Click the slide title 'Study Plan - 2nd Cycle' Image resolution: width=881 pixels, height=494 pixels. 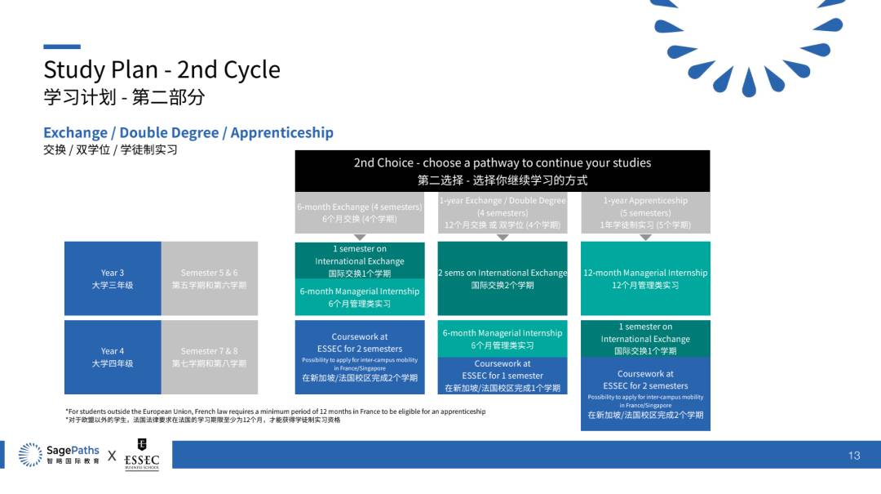(162, 69)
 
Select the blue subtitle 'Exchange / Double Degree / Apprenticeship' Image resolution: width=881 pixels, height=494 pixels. (188, 132)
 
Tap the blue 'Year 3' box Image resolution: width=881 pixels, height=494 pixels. (113, 278)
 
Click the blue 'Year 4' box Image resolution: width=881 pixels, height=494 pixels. (113, 357)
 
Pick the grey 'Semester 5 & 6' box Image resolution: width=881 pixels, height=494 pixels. (209, 278)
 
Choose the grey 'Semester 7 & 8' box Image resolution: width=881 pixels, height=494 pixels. (209, 357)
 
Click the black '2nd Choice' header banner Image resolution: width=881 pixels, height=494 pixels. (502, 171)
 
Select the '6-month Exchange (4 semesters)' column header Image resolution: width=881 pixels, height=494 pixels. (360, 212)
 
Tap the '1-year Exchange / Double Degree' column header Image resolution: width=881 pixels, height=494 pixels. (502, 212)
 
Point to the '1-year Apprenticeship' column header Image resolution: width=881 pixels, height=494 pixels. (645, 212)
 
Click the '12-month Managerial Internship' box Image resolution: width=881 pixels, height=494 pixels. (645, 278)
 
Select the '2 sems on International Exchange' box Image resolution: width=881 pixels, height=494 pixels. (502, 278)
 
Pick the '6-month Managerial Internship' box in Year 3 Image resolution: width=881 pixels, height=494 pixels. (360, 297)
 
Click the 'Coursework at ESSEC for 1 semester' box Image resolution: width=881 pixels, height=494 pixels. (502, 376)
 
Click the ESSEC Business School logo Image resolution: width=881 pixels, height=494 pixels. (142, 455)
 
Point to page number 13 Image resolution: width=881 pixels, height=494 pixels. (854, 456)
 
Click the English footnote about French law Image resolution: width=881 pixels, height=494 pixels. (275, 412)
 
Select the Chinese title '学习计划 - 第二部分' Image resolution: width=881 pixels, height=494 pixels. (124, 97)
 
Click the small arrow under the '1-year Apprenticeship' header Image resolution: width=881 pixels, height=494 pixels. (645, 237)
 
